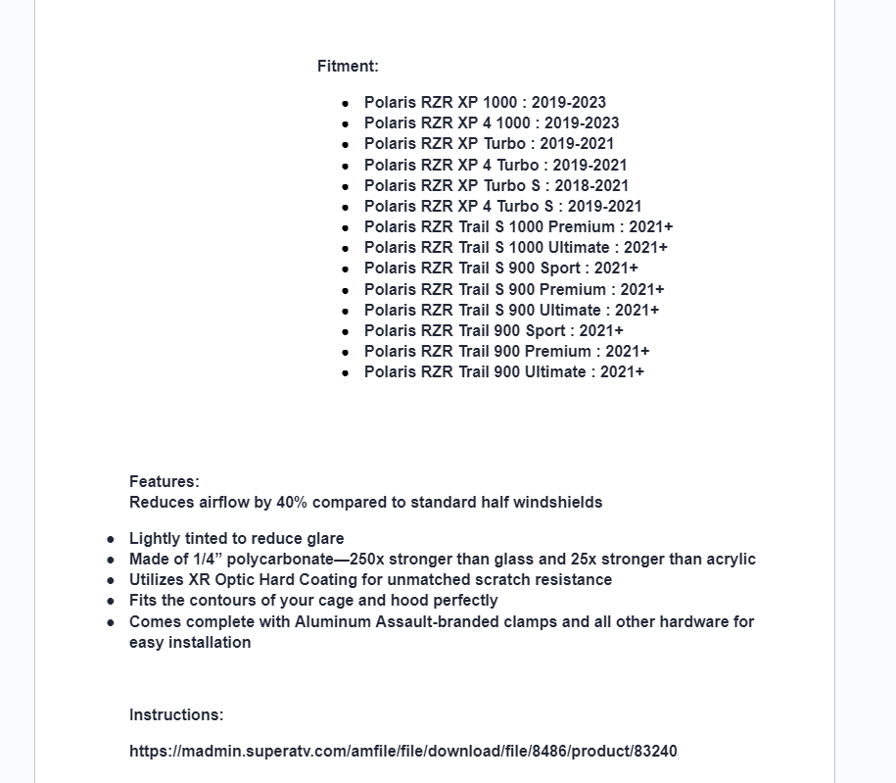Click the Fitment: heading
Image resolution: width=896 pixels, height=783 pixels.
[348, 67]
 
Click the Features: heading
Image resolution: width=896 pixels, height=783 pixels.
[164, 481]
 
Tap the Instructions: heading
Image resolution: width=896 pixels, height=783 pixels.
[176, 714]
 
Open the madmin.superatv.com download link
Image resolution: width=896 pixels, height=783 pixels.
[402, 752]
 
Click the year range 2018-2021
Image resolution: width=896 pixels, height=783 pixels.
[591, 185]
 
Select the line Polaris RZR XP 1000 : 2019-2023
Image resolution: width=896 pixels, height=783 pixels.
[485, 102]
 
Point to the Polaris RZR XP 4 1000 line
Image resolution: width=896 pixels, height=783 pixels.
[491, 122]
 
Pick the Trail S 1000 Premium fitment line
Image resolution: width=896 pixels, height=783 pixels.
[518, 226]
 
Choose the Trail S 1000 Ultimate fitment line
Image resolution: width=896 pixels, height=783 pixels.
[515, 247]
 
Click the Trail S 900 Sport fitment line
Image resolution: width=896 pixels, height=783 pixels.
[500, 268]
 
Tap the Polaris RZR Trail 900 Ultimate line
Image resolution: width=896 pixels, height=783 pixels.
[503, 371]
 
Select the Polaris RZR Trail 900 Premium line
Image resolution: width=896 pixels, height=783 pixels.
[506, 351]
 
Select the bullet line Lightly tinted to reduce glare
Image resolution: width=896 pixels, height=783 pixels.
[236, 538]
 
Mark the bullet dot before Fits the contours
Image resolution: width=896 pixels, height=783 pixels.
[111, 601]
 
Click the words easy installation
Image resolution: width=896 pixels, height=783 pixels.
[190, 642]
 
